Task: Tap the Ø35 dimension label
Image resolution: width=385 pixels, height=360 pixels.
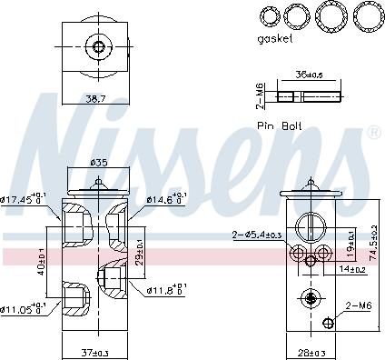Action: tap(99, 164)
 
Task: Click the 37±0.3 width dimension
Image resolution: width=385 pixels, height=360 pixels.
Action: tap(94, 353)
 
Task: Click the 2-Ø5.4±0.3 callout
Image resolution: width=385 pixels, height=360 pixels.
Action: tap(256, 235)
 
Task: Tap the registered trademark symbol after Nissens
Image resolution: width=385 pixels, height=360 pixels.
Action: tap(372, 134)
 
